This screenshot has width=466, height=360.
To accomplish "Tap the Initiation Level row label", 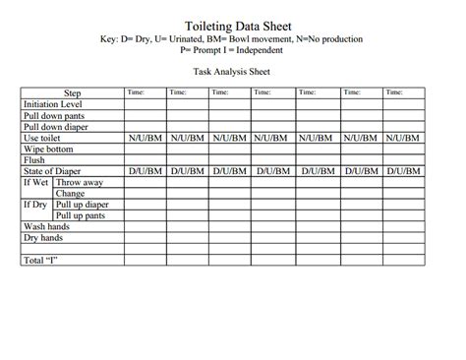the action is [x=53, y=104].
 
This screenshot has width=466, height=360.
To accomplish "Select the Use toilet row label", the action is [x=44, y=139].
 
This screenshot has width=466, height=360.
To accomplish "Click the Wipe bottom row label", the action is [x=48, y=150].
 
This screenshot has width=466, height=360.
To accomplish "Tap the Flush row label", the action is [x=34, y=160].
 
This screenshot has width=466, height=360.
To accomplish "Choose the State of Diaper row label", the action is [x=53, y=171].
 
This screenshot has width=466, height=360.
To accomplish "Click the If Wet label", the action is [x=36, y=183].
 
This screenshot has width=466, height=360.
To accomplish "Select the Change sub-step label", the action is [x=70, y=194].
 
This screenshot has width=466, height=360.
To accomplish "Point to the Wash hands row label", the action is [x=46, y=226].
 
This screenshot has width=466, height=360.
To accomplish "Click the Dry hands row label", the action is [x=44, y=238].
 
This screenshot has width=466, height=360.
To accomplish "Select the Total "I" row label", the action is [x=40, y=261].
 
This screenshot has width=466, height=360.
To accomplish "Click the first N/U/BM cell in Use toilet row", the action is [x=145, y=139].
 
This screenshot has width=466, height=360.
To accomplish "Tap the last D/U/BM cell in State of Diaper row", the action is [x=404, y=171].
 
